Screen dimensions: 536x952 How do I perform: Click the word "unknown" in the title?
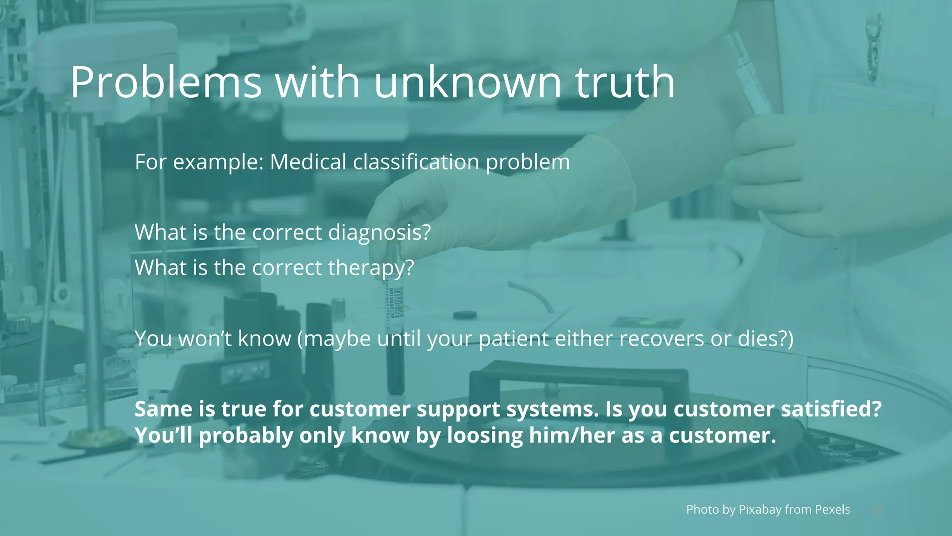click(468, 82)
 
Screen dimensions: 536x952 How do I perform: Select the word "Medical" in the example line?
click(308, 162)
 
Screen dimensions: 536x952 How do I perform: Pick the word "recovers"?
click(661, 339)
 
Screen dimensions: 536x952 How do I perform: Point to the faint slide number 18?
click(876, 511)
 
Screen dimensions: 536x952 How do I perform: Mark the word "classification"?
click(416, 162)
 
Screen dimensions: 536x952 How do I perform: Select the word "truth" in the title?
click(625, 82)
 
